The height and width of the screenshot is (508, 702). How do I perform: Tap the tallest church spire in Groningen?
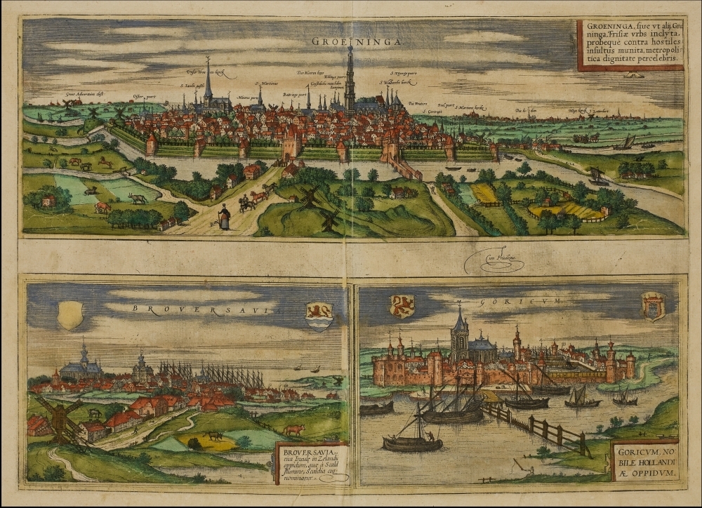pos(349,77)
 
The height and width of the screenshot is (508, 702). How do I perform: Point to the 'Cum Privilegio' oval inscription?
pos(494,262)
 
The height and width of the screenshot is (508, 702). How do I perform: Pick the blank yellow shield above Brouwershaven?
pos(70,314)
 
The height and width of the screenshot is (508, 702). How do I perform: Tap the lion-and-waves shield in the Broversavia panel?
pos(319,316)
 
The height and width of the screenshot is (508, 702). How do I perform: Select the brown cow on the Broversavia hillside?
pos(293,429)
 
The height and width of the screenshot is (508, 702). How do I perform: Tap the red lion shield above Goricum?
pos(402,306)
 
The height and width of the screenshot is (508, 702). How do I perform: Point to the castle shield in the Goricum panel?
pos(653,307)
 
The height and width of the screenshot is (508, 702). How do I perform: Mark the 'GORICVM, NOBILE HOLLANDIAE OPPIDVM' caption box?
pos(644,460)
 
